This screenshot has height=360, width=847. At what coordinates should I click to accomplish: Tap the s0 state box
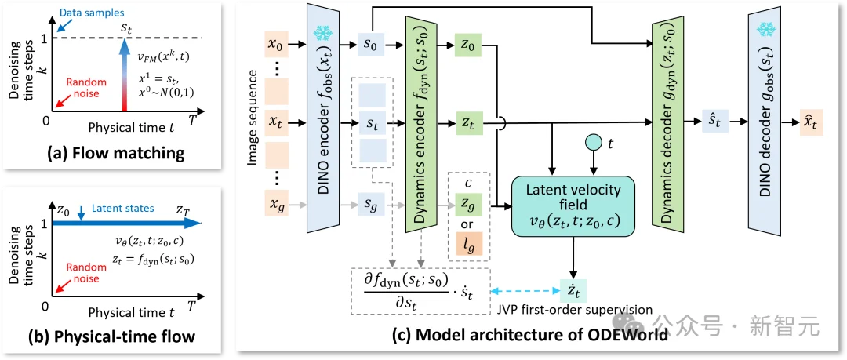[370, 45]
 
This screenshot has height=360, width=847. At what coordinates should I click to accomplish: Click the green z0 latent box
[468, 45]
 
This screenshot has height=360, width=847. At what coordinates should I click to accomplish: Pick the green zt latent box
[468, 123]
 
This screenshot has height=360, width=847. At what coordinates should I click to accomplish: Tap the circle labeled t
[595, 144]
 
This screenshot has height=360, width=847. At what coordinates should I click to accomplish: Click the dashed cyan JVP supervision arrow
[523, 291]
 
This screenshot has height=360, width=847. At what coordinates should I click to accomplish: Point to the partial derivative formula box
[420, 291]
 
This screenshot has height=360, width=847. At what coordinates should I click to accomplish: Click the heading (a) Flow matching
[115, 155]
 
